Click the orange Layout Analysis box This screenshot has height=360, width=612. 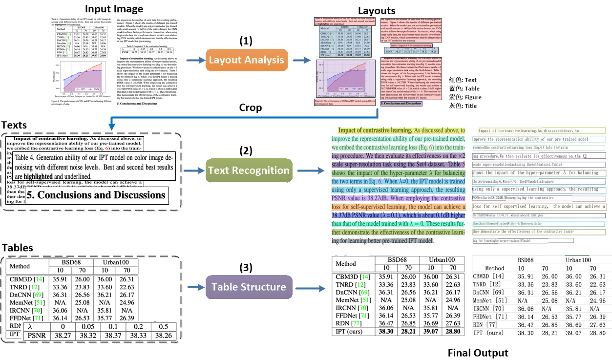coord(247,61)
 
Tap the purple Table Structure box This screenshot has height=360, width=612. coord(249,287)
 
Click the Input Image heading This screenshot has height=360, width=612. coord(114,9)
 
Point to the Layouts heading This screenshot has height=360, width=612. coord(377,10)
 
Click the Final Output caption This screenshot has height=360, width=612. coord(478,353)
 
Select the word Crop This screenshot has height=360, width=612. coord(250,107)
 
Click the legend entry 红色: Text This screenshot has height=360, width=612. coord(464,80)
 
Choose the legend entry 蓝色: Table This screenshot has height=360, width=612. coord(464,88)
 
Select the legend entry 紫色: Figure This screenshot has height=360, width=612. coord(465,97)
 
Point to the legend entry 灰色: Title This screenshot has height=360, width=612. coord(464,106)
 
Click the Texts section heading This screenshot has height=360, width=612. coord(14,126)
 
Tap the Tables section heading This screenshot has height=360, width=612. coord(17,248)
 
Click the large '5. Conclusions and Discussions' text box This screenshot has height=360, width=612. coord(96,195)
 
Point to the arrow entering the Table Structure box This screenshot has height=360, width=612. coord(194,287)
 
